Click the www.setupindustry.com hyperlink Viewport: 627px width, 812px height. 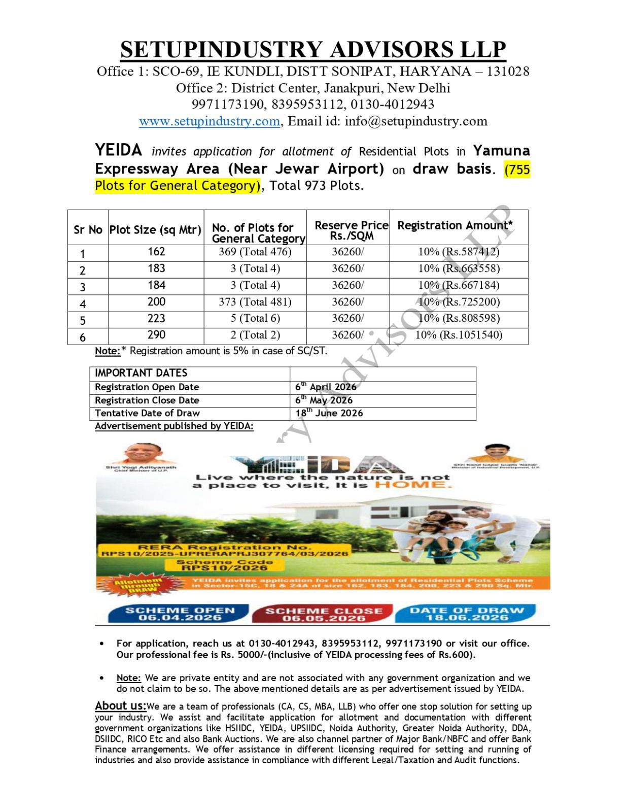(209, 121)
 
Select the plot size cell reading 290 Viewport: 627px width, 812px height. (156, 335)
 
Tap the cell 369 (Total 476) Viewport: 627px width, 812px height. (255, 252)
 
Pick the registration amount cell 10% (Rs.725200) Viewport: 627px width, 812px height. (459, 302)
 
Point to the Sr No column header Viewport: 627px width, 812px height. (88, 230)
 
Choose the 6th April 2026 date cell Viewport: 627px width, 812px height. (326, 387)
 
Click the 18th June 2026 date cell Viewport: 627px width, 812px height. (329, 413)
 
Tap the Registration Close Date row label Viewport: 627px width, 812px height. (147, 400)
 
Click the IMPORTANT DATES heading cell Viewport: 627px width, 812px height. (141, 373)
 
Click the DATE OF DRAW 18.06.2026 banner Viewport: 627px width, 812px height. (466, 614)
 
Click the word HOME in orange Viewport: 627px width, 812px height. (412, 485)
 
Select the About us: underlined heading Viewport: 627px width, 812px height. (120, 705)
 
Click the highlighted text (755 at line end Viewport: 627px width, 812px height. (517, 170)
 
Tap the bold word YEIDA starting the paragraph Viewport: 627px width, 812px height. (118, 150)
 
